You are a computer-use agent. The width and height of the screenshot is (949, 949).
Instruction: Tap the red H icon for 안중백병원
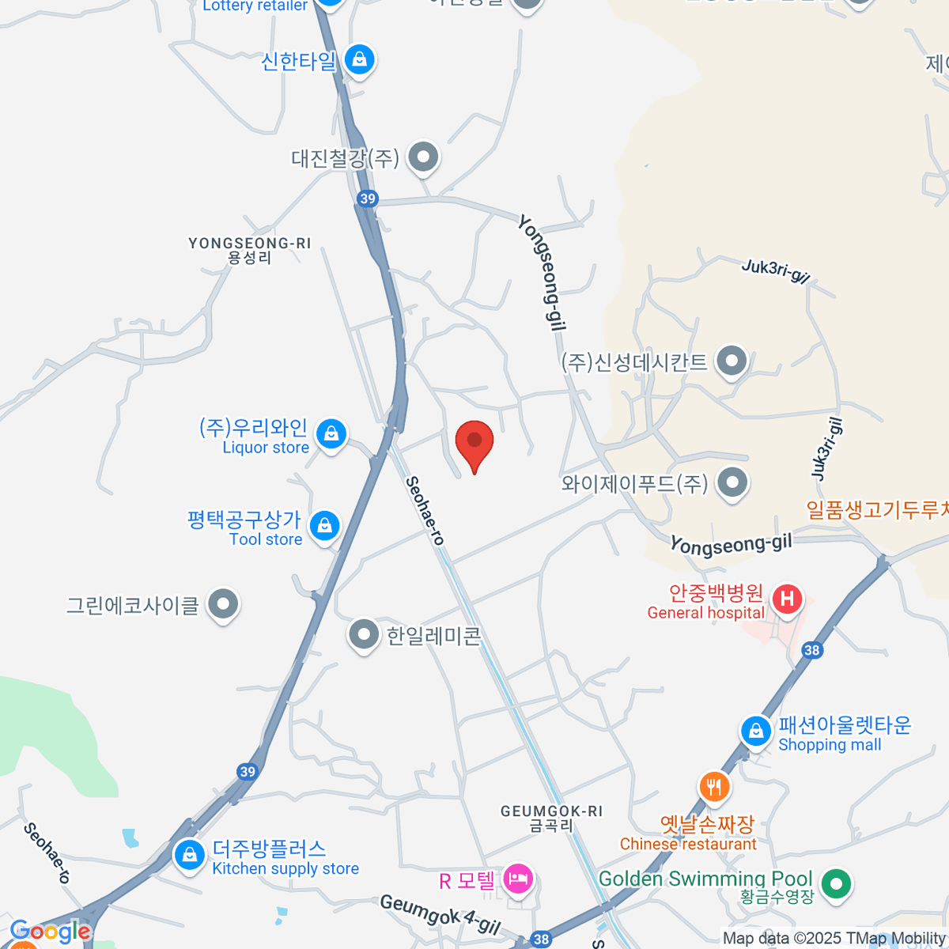pyautogui.click(x=787, y=599)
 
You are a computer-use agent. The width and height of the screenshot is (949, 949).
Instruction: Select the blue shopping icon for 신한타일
pyautogui.click(x=360, y=59)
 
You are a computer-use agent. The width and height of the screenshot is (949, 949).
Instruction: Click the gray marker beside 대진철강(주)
pyautogui.click(x=424, y=157)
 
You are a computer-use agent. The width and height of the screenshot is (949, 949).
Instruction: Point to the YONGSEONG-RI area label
pyautogui.click(x=250, y=250)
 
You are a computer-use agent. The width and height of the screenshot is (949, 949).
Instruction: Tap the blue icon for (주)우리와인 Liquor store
pyautogui.click(x=331, y=434)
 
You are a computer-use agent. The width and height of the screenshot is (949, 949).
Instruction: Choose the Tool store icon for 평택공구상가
pyautogui.click(x=324, y=526)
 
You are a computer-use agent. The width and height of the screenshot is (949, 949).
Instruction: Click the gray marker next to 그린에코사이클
pyautogui.click(x=223, y=605)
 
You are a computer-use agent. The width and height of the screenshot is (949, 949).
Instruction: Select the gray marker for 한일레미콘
pyautogui.click(x=364, y=634)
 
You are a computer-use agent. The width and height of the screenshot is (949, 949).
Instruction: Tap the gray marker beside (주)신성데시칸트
pyautogui.click(x=732, y=361)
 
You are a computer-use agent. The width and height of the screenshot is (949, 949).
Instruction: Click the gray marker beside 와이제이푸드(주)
pyautogui.click(x=732, y=482)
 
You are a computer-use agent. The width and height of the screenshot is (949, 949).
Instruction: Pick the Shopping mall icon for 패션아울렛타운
pyautogui.click(x=756, y=731)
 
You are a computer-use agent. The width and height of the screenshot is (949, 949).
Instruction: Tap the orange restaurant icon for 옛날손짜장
pyautogui.click(x=714, y=786)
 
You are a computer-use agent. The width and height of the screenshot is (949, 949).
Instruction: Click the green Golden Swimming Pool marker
pyautogui.click(x=835, y=883)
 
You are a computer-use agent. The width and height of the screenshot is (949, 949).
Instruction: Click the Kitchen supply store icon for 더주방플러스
pyautogui.click(x=190, y=855)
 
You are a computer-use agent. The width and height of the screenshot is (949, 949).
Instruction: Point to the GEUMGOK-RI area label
pyautogui.click(x=551, y=818)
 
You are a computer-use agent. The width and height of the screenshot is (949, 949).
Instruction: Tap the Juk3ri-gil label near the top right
pyautogui.click(x=776, y=270)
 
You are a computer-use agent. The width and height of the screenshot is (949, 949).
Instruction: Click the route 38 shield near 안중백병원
pyautogui.click(x=811, y=650)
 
